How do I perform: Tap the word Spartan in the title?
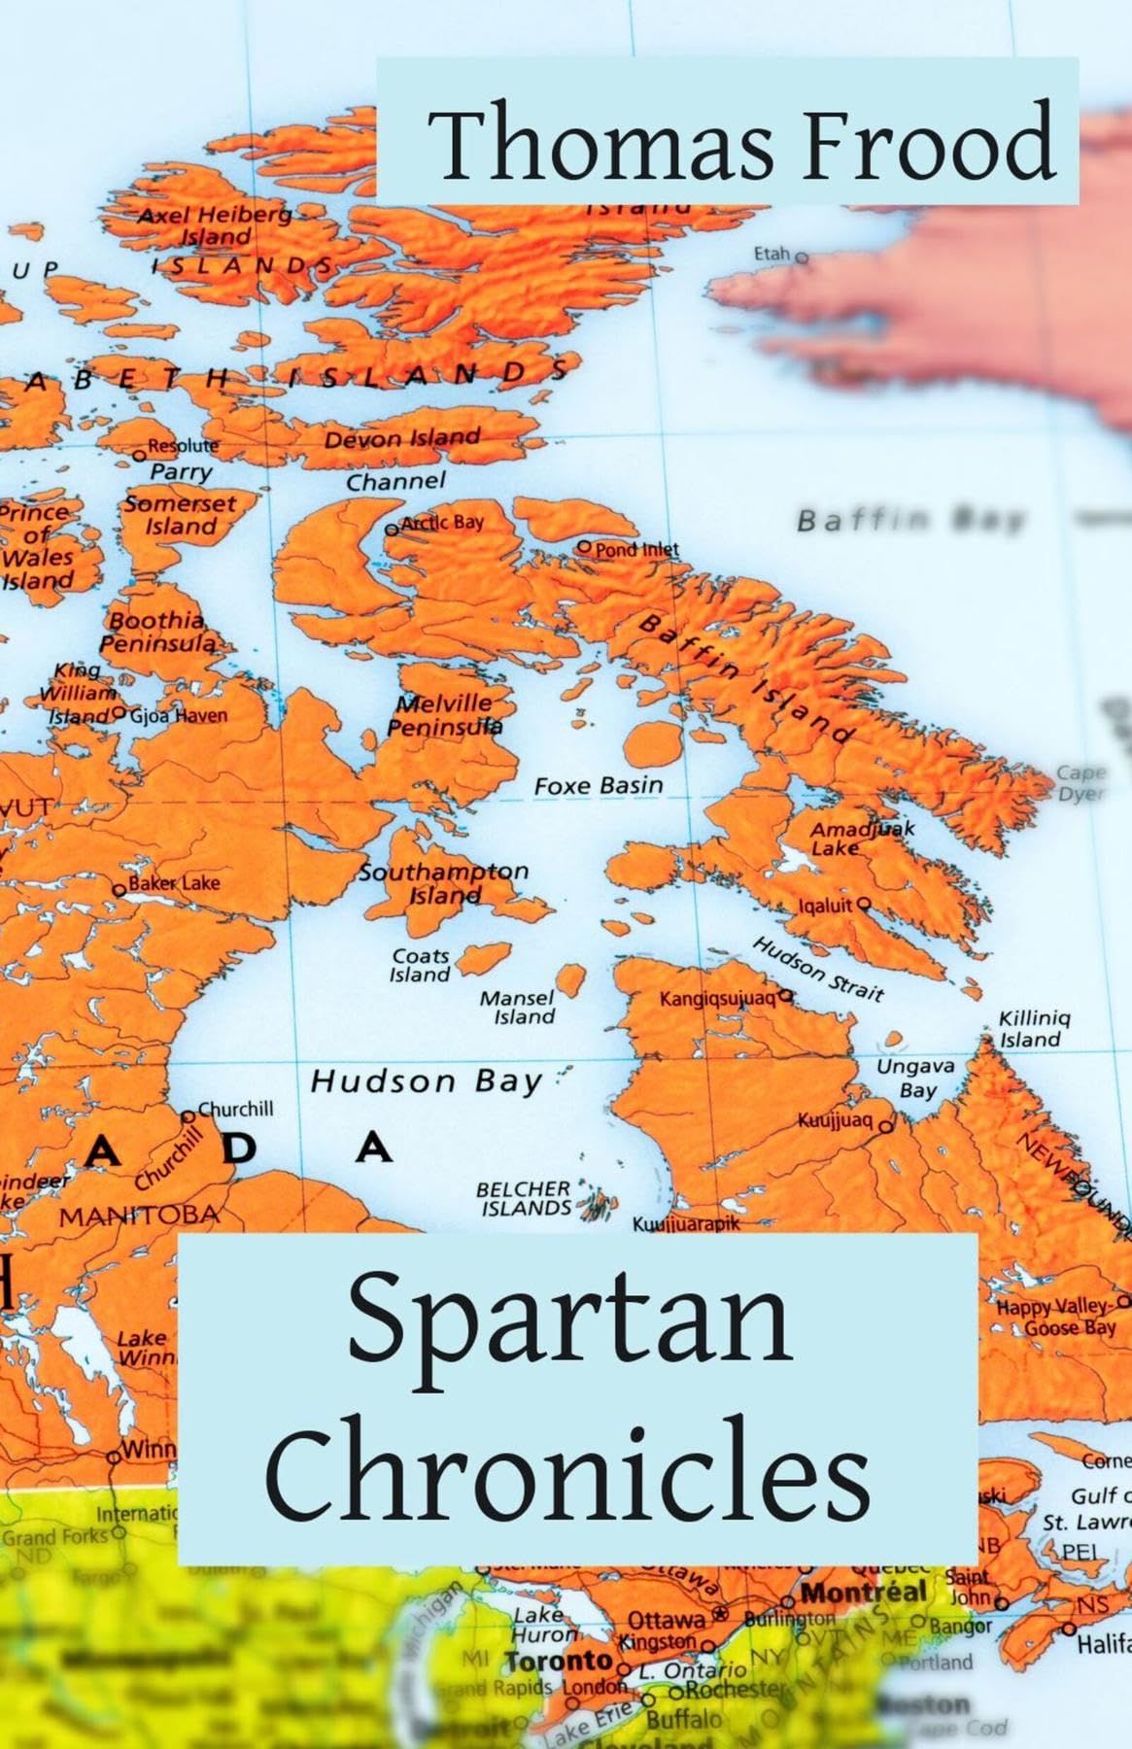coord(569,1320)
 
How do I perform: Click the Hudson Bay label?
coord(426,1081)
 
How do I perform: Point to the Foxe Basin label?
coord(599,785)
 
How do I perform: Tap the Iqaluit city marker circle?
coord(864,903)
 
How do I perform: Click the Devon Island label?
coord(402,438)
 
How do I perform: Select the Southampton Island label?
coord(444,882)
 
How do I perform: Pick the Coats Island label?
coord(421,966)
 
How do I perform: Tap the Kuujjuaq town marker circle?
coord(885,1126)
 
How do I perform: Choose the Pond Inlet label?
coord(636,549)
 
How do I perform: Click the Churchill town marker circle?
coord(189,1116)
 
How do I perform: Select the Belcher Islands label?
coord(524,1198)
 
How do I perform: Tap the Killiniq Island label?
coord(1034,1029)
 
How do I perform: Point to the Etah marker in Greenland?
coord(802,258)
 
